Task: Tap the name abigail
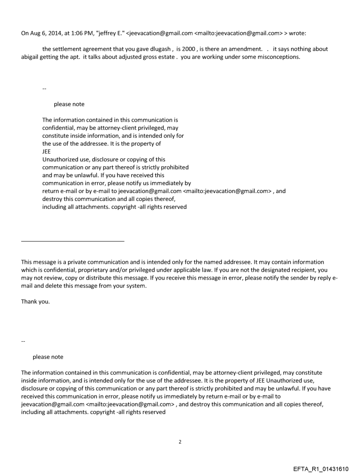[31, 58]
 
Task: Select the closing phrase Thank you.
[35, 303]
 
